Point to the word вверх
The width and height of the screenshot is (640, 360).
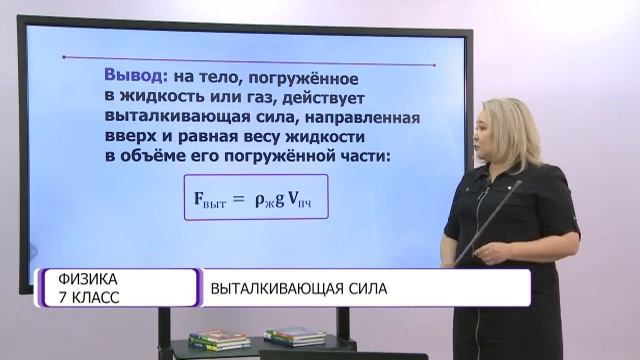click(x=128, y=136)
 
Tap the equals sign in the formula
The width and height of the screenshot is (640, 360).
click(x=238, y=196)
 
